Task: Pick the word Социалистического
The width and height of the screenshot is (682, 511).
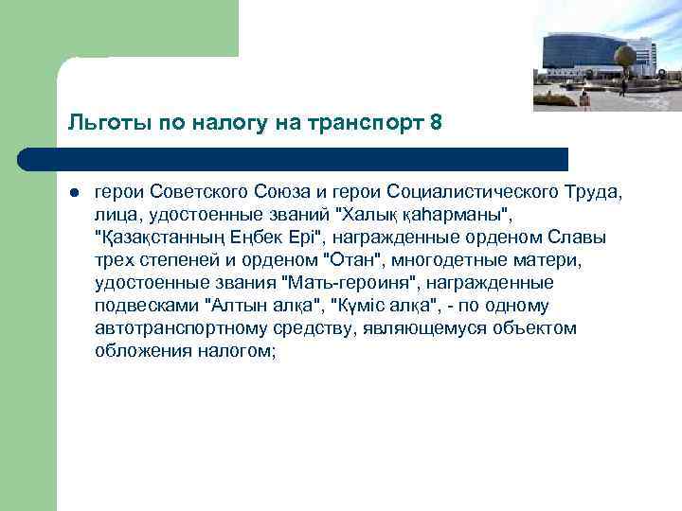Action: pyautogui.click(x=476, y=193)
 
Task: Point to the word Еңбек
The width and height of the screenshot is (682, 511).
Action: pyautogui.click(x=248, y=238)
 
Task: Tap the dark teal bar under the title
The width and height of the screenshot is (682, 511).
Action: pyautogui.click(x=313, y=158)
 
